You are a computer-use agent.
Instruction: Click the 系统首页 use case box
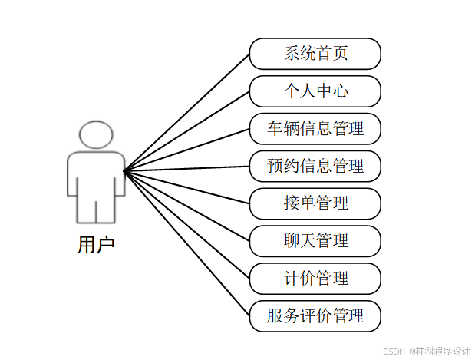pyautogui.click(x=315, y=54)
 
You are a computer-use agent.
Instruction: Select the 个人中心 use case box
pyautogui.click(x=315, y=91)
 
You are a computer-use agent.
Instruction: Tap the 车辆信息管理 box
pyautogui.click(x=315, y=129)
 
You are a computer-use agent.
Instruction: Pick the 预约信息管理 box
pyautogui.click(x=315, y=166)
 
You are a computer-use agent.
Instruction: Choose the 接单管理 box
pyautogui.click(x=315, y=203)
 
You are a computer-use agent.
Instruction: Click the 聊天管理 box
pyautogui.click(x=315, y=241)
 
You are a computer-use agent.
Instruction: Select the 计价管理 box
pyautogui.click(x=315, y=278)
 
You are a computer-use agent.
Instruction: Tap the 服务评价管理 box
pyautogui.click(x=315, y=315)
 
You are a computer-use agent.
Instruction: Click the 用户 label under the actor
pyautogui.click(x=96, y=246)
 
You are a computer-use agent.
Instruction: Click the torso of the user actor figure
pyautogui.click(x=96, y=173)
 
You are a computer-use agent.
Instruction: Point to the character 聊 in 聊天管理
pyautogui.click(x=292, y=241)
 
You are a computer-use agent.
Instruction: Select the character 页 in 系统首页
pyautogui.click(x=340, y=54)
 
